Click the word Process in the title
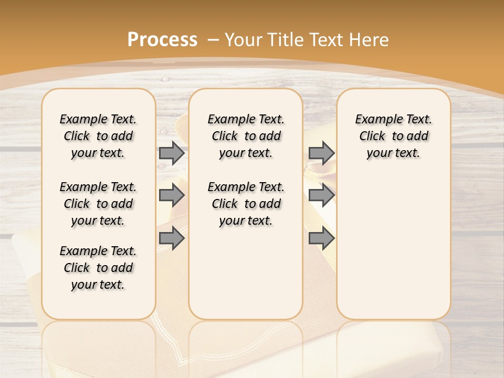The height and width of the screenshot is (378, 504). coord(162,40)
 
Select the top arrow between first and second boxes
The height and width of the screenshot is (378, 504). coord(172,153)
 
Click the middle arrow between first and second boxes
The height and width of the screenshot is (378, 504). coord(172,195)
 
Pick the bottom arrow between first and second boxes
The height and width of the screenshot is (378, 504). coord(172,239)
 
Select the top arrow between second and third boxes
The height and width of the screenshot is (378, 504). coord(321,153)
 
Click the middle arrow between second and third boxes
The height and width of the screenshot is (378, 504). coord(321,195)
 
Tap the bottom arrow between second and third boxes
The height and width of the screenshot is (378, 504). coord(321,239)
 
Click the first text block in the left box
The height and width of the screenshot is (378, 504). coord(98,136)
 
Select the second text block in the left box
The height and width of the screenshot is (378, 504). coord(98,204)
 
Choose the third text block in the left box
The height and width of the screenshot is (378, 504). coord(98,268)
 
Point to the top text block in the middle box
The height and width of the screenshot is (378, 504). coord(246,136)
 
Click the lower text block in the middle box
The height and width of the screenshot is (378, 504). coord(246,204)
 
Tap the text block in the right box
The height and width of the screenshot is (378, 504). coord(393,136)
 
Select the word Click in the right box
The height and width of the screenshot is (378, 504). coord(372,136)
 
